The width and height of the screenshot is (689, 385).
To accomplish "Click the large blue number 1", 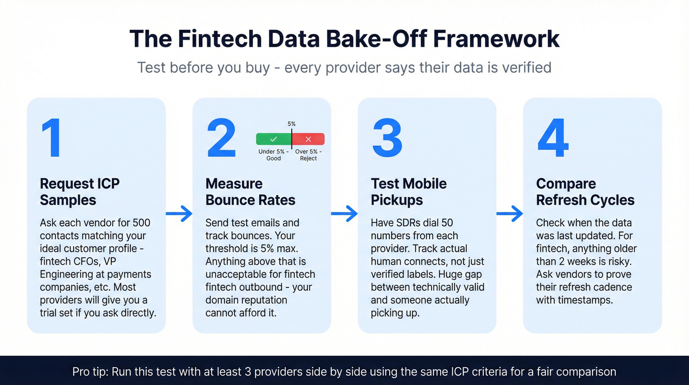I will point(52,139).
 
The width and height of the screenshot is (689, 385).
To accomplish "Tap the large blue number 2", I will point(221,139).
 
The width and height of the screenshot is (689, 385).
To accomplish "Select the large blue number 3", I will point(387,139).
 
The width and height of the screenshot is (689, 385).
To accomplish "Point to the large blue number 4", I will point(553,139).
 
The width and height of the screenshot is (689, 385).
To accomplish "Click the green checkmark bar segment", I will point(274,139).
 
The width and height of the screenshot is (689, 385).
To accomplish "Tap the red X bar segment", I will point(309,139).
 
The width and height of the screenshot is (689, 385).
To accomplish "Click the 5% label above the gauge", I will point(291,124).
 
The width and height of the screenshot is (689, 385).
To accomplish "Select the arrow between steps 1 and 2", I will point(179,213).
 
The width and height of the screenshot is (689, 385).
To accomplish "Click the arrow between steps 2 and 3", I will point(344,213).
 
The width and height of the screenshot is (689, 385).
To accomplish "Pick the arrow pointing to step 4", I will point(509,213).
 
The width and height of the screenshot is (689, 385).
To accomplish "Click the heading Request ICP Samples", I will point(80,192).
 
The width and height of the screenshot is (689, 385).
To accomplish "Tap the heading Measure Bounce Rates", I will point(251,192).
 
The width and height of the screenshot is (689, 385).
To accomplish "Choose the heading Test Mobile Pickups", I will point(408,192).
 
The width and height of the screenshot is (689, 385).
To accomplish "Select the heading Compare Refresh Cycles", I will point(585,192).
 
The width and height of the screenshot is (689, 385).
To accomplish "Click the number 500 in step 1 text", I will point(141,223).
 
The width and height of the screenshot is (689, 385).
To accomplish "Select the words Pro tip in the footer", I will point(90,371).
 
